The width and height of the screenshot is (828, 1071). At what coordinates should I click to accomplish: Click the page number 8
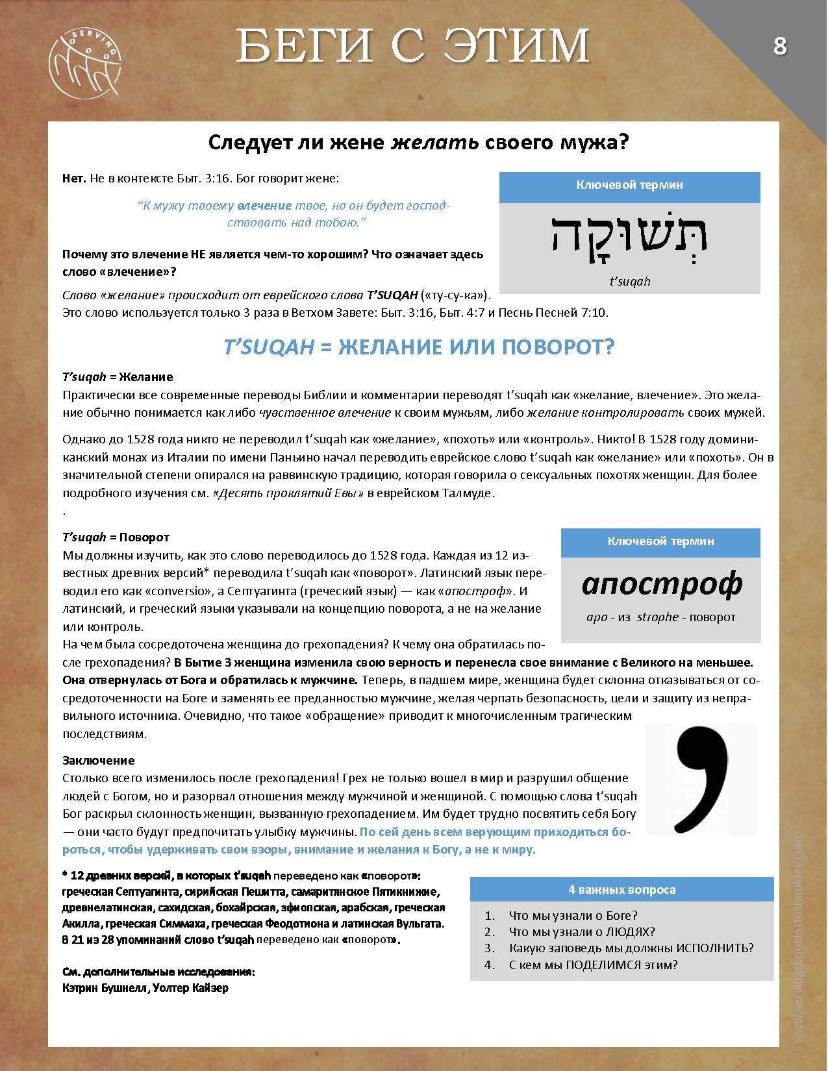[779, 46]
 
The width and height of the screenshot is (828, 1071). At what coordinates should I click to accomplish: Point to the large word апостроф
[661, 584]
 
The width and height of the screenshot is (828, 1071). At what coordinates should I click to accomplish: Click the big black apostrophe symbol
[701, 780]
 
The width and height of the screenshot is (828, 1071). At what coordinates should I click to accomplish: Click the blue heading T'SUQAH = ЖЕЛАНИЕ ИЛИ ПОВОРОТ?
[419, 347]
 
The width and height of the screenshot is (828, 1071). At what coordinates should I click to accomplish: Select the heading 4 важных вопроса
[621, 889]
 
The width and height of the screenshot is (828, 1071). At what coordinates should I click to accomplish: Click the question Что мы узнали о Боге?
[573, 915]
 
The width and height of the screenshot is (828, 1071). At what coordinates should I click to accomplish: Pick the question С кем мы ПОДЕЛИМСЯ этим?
[593, 965]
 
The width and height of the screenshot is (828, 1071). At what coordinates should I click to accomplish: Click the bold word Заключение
[99, 760]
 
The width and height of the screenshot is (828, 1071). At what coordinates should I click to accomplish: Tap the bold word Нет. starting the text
[75, 178]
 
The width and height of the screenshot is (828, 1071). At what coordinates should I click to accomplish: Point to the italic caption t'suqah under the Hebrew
[629, 281]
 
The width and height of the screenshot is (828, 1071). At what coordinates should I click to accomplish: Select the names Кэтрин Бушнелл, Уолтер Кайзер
[145, 988]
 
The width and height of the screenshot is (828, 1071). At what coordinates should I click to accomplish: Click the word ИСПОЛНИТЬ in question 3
[714, 948]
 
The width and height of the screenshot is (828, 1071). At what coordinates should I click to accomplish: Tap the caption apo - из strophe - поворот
[660, 617]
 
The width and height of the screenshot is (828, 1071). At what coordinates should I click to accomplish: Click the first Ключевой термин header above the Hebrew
[629, 185]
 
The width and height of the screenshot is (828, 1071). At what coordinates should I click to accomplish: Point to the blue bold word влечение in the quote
[264, 206]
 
